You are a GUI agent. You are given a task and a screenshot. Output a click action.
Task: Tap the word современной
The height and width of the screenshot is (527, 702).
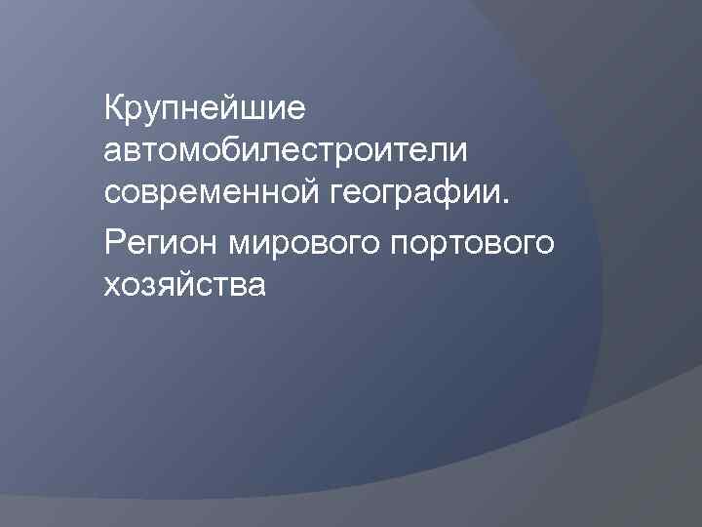pyautogui.click(x=210, y=194)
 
